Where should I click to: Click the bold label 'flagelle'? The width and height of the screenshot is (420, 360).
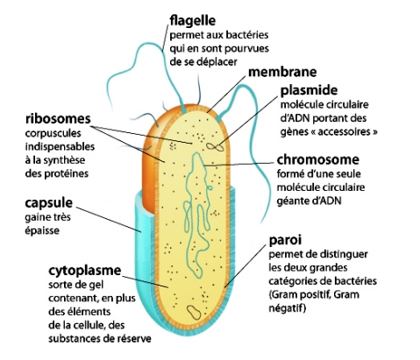193,20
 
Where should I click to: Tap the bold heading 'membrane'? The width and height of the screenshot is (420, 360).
282,72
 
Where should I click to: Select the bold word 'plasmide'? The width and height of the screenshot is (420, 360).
309,91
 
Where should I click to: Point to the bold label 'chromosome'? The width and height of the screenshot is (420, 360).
318,159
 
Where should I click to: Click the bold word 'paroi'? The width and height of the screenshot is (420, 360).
285,241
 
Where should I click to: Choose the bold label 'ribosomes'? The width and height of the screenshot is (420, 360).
58,119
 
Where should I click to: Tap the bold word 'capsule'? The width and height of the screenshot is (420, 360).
48,203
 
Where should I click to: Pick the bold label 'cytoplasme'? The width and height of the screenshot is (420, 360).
85,271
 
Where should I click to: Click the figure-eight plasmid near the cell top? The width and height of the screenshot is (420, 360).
215,146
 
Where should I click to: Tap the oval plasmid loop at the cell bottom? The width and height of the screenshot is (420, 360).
194,312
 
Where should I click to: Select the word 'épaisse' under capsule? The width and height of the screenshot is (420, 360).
42,230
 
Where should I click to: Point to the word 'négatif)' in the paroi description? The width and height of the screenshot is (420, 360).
288,308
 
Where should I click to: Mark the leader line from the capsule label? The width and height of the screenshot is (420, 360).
109,220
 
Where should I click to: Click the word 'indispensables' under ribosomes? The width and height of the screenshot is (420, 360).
60,147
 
